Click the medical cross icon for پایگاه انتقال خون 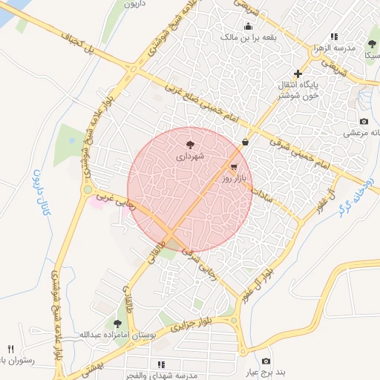[x=298, y=73]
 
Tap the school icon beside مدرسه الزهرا [x=334, y=36]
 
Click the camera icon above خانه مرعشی [x=364, y=121]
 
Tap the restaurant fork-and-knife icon [x=10, y=349]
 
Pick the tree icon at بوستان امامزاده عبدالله [x=117, y=323]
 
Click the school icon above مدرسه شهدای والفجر [x=160, y=364]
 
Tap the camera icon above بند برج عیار [x=266, y=361]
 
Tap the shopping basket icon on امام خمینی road [x=245, y=142]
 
